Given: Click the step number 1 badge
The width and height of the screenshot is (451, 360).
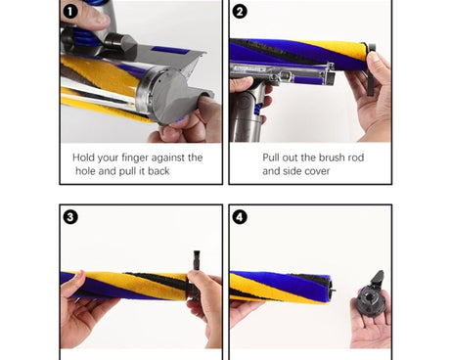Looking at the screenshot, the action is click(69, 12).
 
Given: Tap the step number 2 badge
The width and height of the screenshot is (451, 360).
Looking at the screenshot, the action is click(240, 12).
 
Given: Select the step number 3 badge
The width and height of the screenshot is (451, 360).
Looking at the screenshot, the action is click(70, 217).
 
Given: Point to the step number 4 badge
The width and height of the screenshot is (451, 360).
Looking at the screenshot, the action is click(240, 217).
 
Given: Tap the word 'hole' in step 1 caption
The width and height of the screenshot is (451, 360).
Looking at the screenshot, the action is click(85, 171).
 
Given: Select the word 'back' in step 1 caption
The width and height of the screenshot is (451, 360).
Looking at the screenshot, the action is click(158, 171).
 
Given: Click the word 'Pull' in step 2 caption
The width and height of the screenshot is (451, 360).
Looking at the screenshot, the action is click(271, 157).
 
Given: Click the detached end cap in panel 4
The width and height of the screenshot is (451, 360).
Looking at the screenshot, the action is click(372, 295).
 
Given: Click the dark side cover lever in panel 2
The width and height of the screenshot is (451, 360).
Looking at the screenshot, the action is click(370, 69).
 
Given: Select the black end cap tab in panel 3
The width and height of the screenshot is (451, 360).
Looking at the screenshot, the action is click(196, 261).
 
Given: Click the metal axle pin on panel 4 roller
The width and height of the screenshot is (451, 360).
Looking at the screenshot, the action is click(333, 288).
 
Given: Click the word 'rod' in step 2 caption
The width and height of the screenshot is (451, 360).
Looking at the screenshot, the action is click(356, 157).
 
